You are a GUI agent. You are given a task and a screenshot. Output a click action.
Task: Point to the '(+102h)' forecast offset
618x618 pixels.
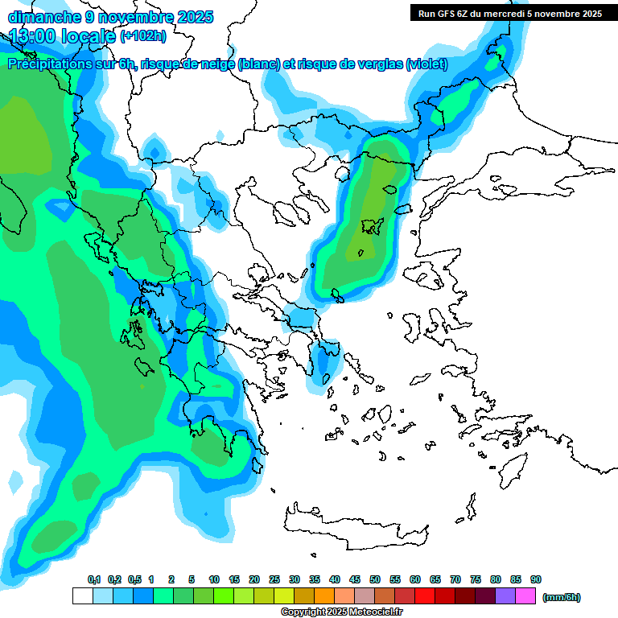[x=143, y=36]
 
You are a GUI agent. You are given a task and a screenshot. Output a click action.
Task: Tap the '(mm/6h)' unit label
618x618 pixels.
[x=562, y=597]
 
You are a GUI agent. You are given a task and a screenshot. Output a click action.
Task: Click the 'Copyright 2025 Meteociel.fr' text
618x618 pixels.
[x=341, y=612]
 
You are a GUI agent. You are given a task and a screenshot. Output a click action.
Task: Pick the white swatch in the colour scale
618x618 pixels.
[x=82, y=596]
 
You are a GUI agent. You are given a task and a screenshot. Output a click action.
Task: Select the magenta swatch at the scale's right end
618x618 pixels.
[x=525, y=596]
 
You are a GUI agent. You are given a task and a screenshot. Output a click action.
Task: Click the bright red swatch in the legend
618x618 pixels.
[x=425, y=596]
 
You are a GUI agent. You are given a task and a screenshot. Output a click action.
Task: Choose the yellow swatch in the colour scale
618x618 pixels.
[x=284, y=596]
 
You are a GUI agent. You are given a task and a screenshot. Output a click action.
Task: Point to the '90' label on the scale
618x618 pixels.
[x=536, y=579]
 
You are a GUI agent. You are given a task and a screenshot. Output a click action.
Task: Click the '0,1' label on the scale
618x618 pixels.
[x=93, y=579]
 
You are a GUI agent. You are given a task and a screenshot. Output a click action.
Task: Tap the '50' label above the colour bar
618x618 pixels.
[x=375, y=579]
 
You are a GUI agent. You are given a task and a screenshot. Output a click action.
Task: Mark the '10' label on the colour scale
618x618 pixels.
[x=214, y=579]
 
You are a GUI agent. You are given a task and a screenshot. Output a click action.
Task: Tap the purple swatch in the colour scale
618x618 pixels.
[x=505, y=596]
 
